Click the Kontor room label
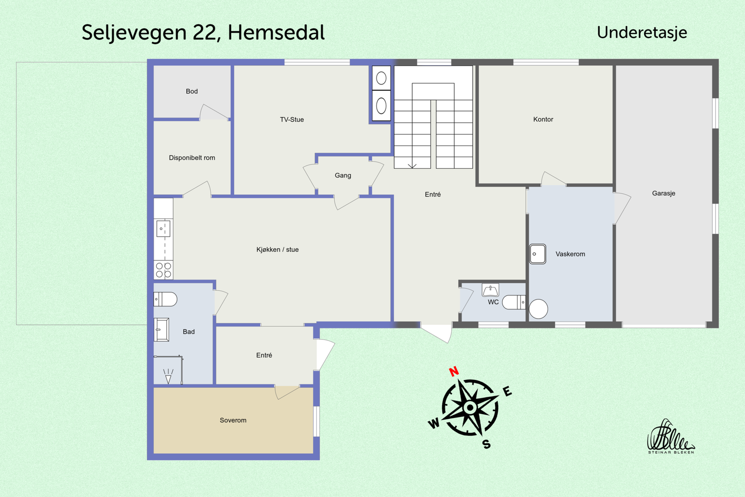click(543, 119)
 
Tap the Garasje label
click(663, 193)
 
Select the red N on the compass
click(454, 371)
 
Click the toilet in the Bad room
click(165, 299)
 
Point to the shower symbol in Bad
click(168, 376)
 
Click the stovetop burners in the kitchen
click(163, 270)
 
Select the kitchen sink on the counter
click(163, 229)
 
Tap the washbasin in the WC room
click(490, 291)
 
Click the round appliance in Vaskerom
click(538, 309)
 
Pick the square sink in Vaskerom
click(538, 254)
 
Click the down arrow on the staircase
click(412, 165)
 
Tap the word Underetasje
click(642, 33)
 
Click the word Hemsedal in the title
click(276, 33)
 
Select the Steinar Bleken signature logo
click(670, 437)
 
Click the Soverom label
click(233, 420)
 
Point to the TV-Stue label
click(291, 120)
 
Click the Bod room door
click(214, 112)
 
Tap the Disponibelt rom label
click(192, 158)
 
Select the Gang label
click(343, 176)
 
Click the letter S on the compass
click(487, 444)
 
